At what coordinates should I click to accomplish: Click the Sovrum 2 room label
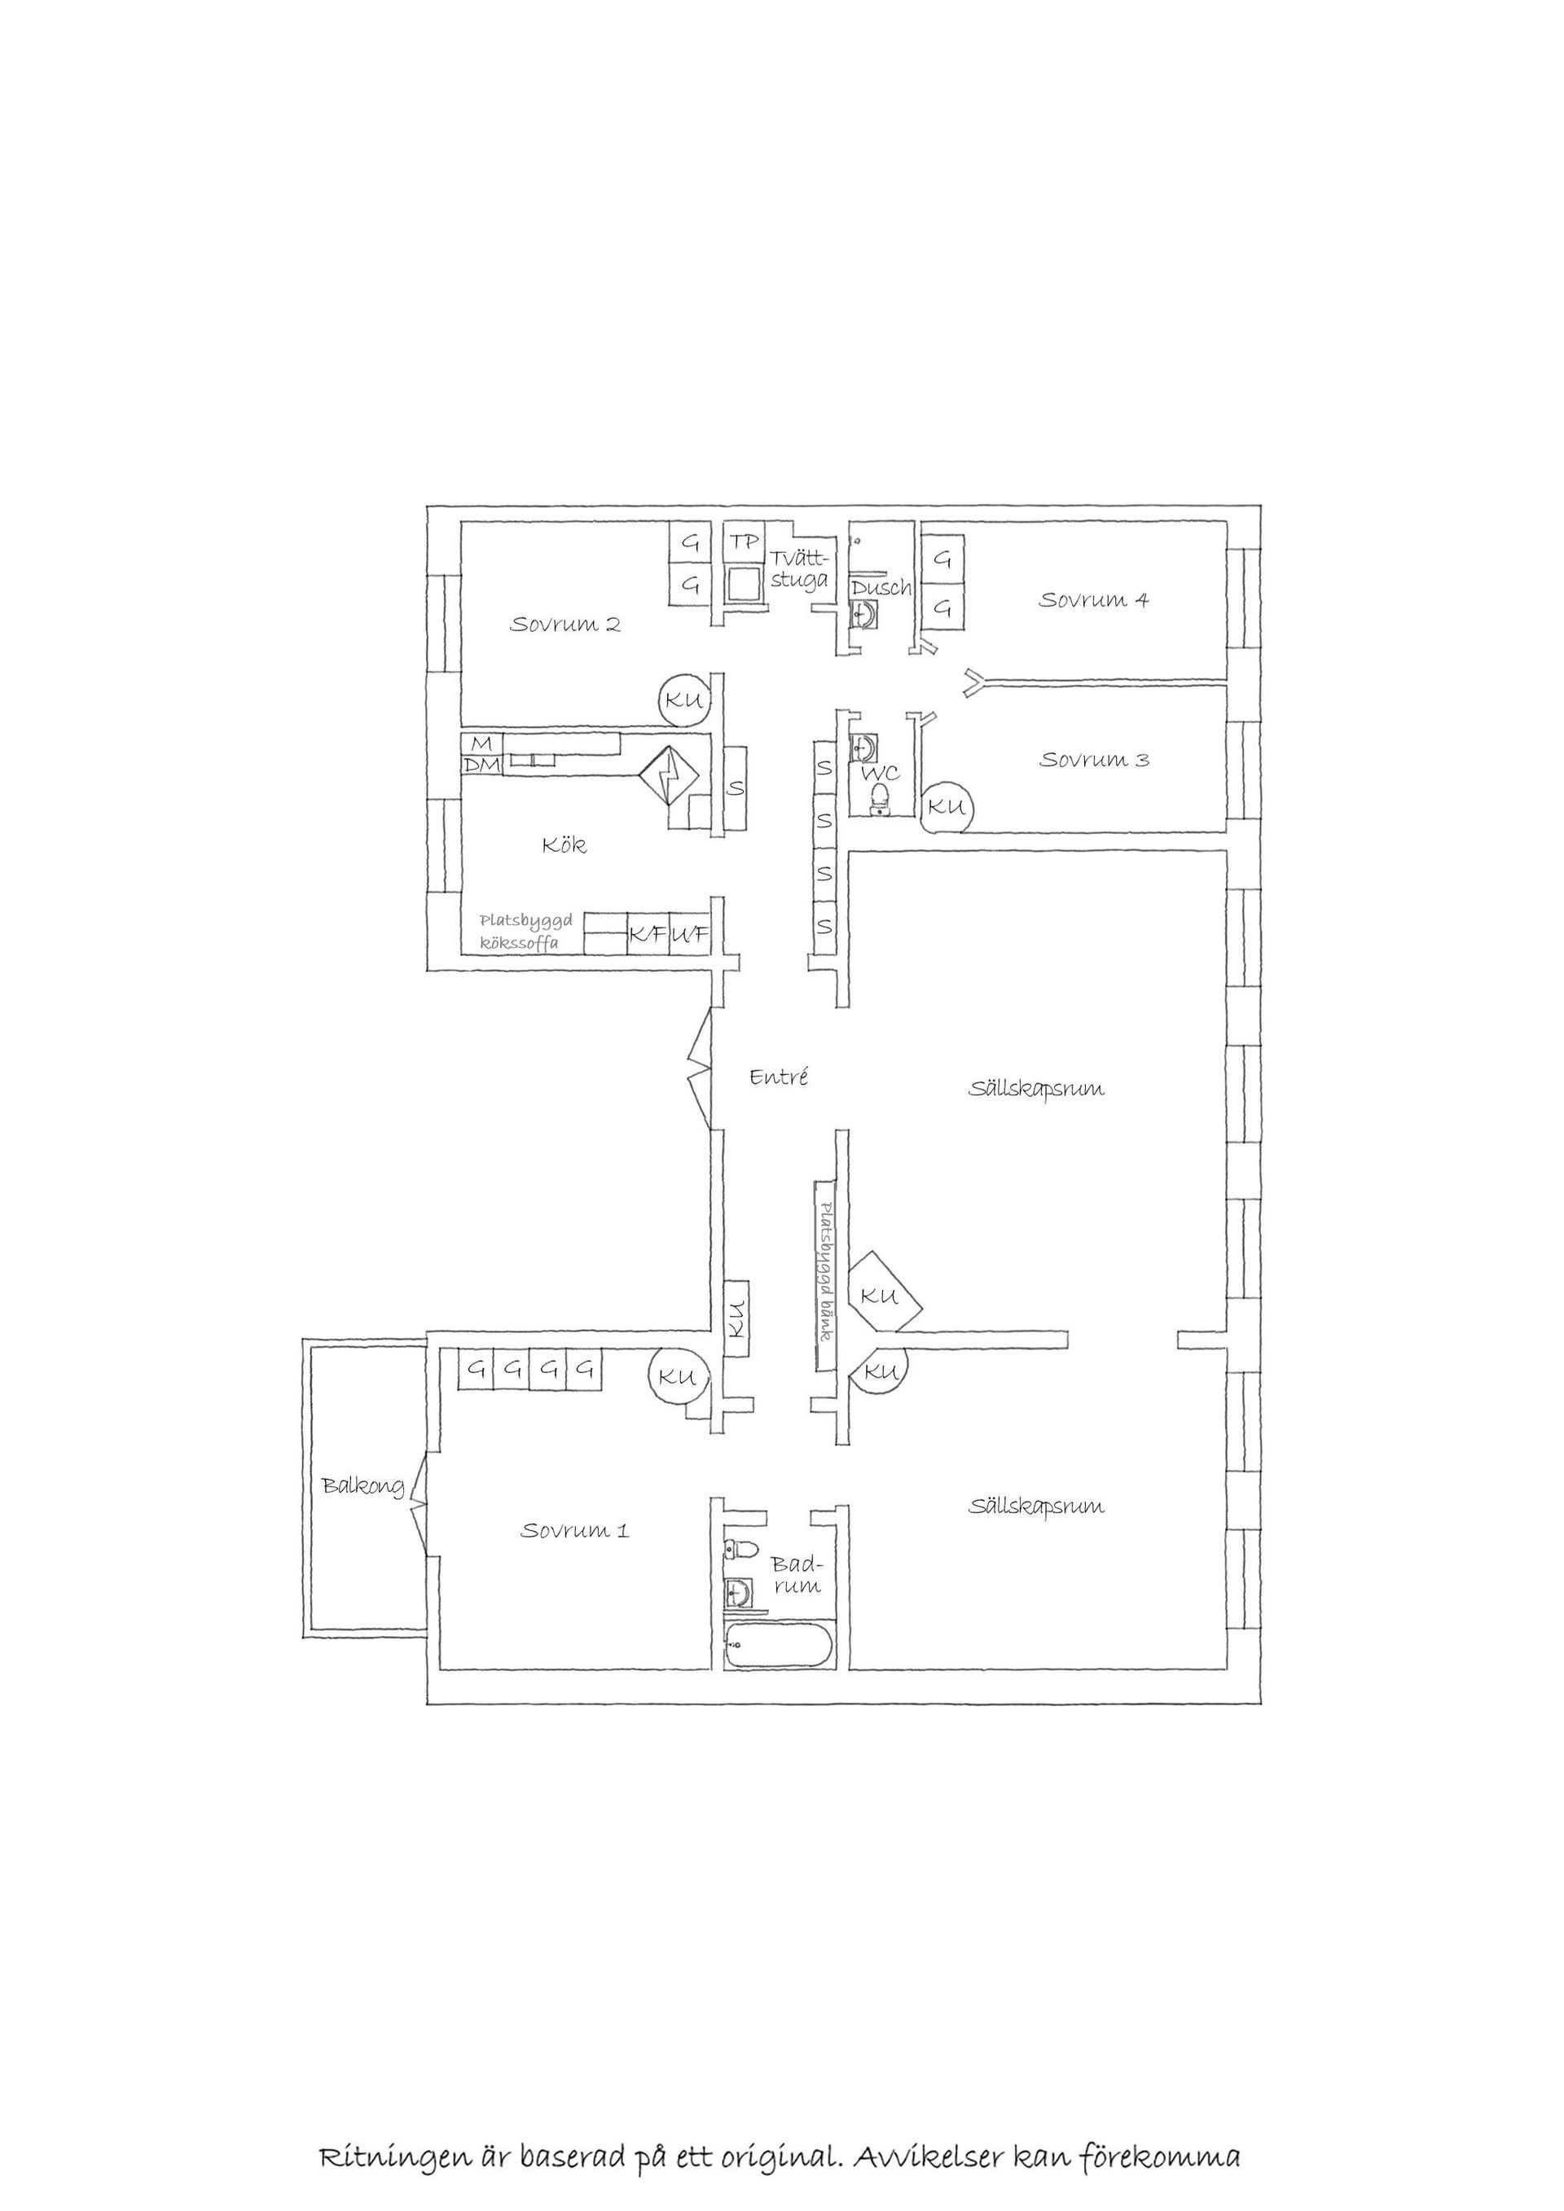click(x=565, y=624)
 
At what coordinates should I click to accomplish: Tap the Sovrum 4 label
click(x=1093, y=599)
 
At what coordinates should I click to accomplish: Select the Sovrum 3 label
click(x=1093, y=759)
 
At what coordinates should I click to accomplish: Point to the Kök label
click(x=565, y=845)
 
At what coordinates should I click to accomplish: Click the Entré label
click(x=778, y=1077)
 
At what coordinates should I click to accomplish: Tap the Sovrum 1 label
click(x=575, y=1530)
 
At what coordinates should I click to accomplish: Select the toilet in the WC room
click(x=878, y=798)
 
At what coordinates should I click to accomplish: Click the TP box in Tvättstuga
click(x=744, y=542)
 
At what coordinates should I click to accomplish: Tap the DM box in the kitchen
click(x=481, y=766)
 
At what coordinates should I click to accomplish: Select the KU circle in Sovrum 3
click(x=947, y=807)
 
